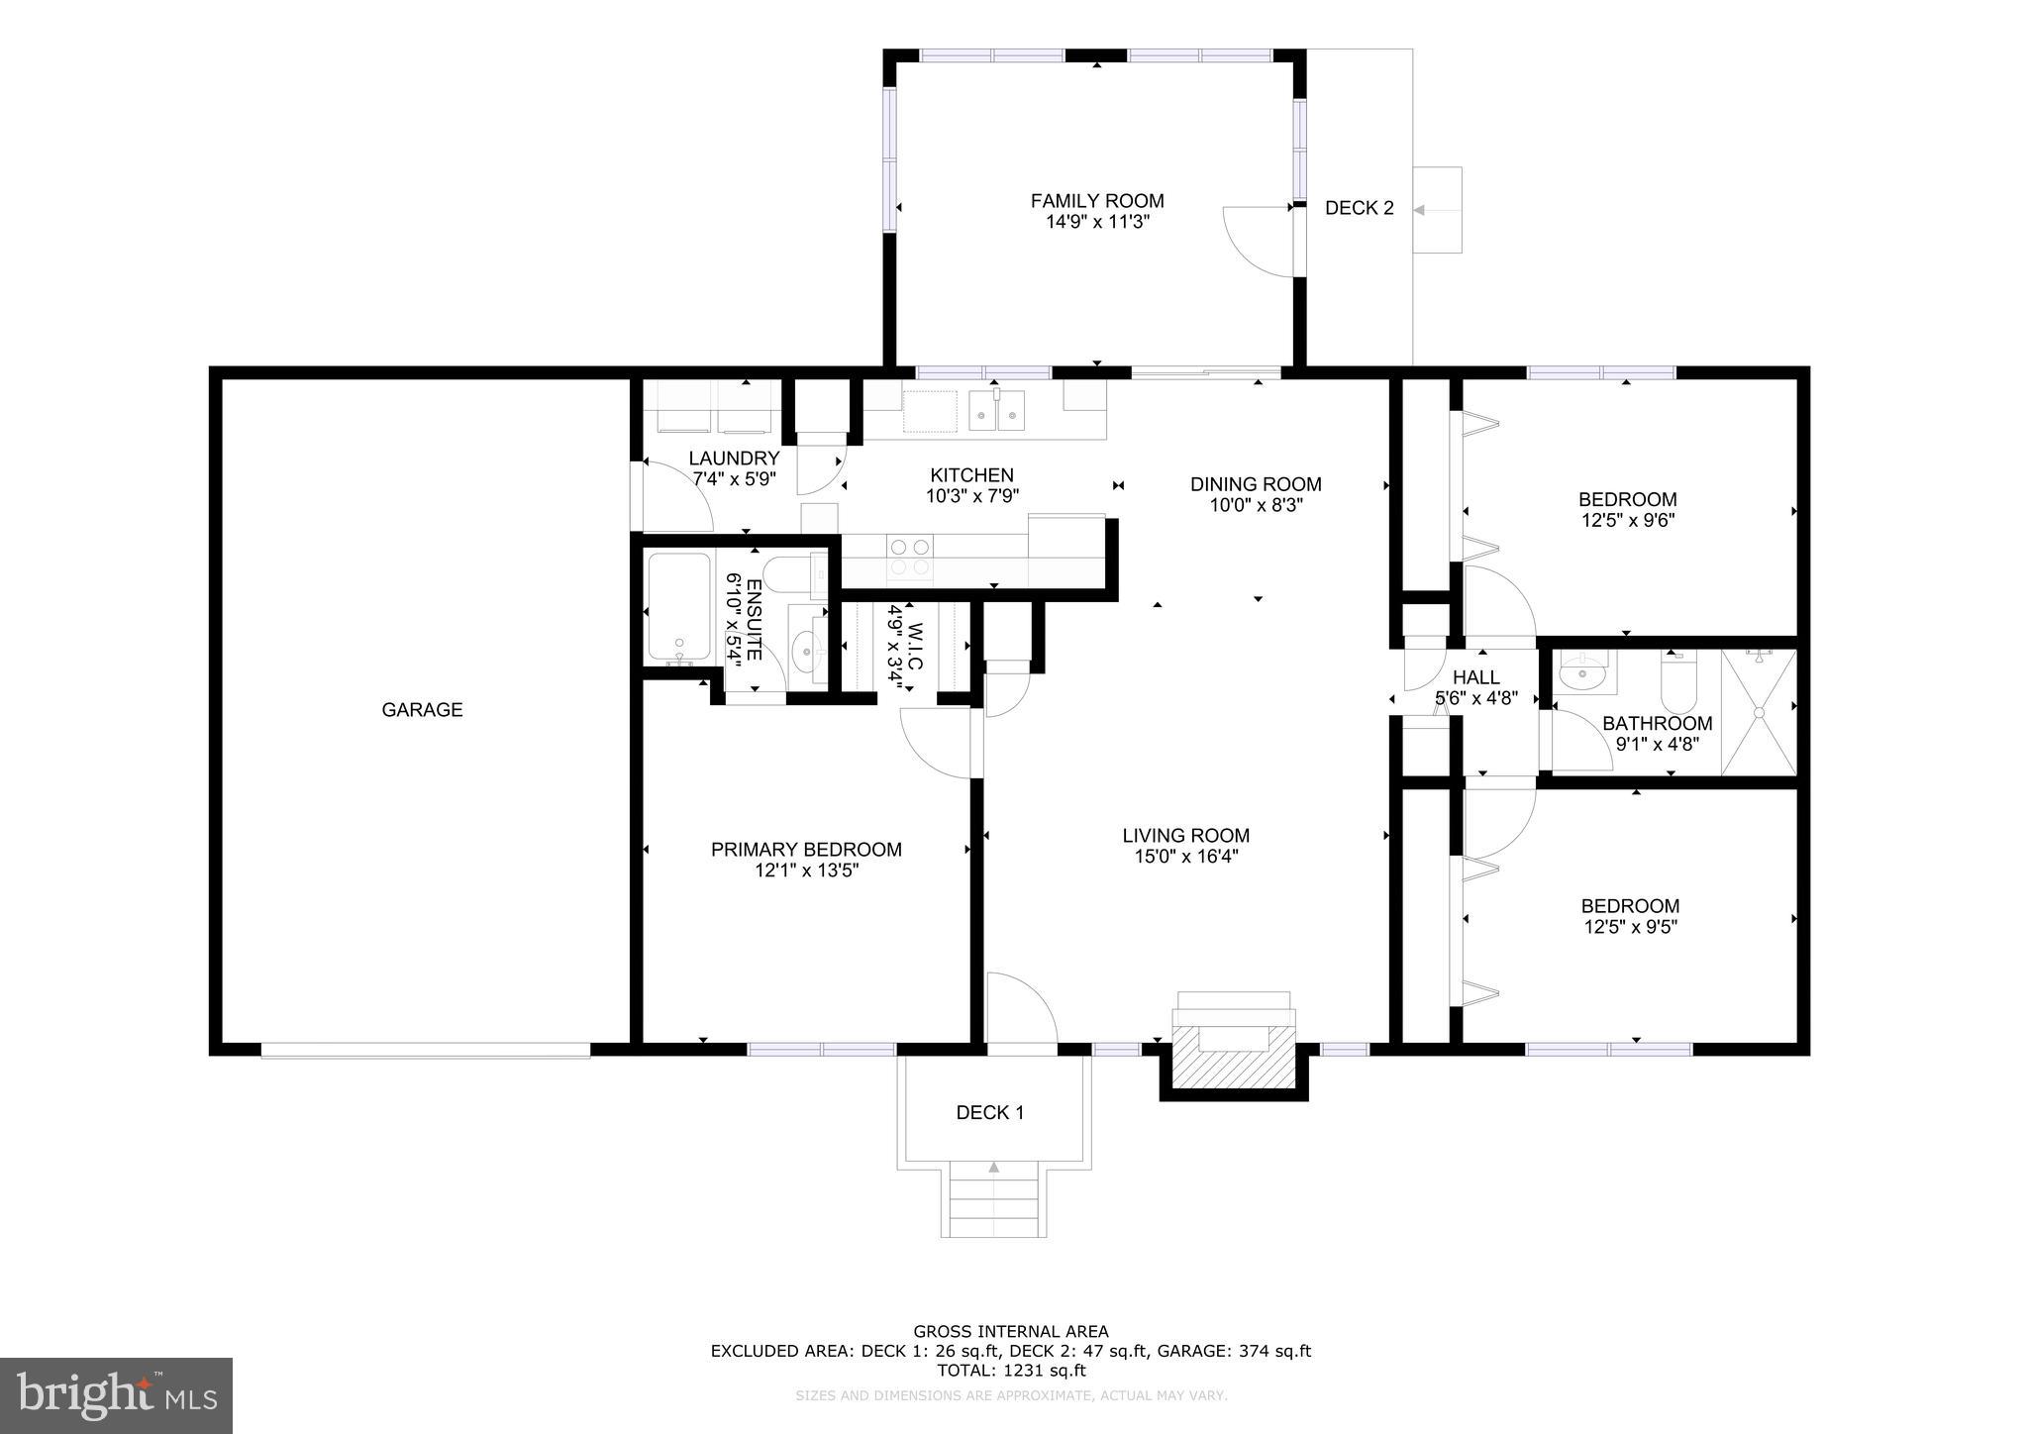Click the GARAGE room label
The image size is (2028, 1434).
pos(422,709)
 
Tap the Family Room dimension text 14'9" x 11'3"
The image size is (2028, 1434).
pos(1097,222)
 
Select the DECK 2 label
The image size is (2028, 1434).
pos(1359,208)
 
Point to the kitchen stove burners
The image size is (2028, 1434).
pos(909,557)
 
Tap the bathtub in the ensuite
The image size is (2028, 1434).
pos(679,608)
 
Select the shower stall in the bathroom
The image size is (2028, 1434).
pos(1758,711)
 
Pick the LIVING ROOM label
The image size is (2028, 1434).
pos(1185,835)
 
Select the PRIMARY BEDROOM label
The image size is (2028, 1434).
pos(806,850)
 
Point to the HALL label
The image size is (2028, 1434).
pos(1475,677)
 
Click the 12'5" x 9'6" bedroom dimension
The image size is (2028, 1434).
pos(1627,520)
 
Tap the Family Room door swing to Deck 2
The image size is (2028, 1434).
pos(1258,242)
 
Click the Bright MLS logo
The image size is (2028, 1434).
pos(116,1395)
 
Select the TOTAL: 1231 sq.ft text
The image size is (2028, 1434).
pos(1011,1371)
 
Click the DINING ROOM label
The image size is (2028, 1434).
pos(1256,484)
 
